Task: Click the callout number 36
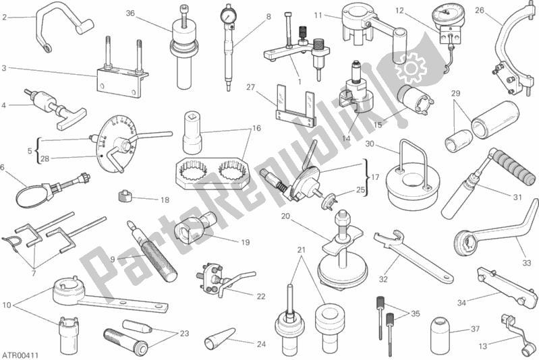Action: point(130,13)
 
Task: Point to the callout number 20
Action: point(285,216)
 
